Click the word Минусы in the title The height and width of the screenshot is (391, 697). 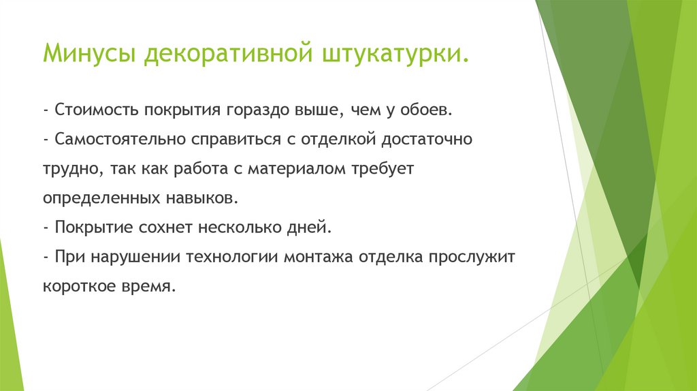tap(89, 54)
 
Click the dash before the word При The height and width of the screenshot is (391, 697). tap(45, 257)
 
